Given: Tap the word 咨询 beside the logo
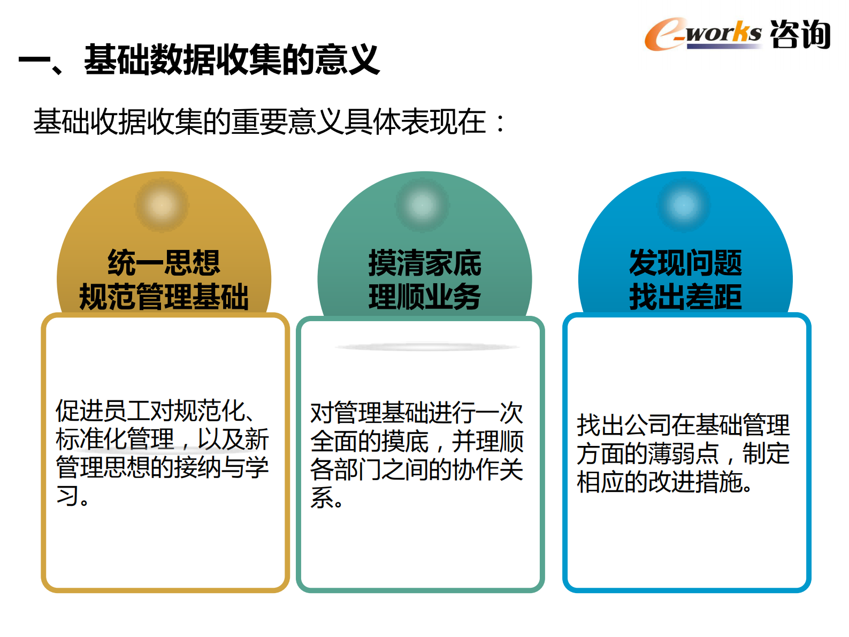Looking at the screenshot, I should pos(800,34).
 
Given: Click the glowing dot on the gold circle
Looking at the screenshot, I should pos(162,205).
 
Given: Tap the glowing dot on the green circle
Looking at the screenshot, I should pos(423,205).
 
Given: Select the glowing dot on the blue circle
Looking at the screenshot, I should pos(684,205).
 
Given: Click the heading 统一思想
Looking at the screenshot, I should pos(164,262).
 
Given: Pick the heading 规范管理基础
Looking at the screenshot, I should pos(164,297).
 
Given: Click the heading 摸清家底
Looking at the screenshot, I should pos(425,262).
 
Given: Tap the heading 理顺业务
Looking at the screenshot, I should pos(425,297).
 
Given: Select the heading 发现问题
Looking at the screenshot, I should pos(685,262).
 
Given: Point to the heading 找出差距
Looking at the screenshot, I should pos(685,297).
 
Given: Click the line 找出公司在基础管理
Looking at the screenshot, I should pos(683,426).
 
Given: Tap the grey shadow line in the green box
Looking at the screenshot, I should pos(427,347).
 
